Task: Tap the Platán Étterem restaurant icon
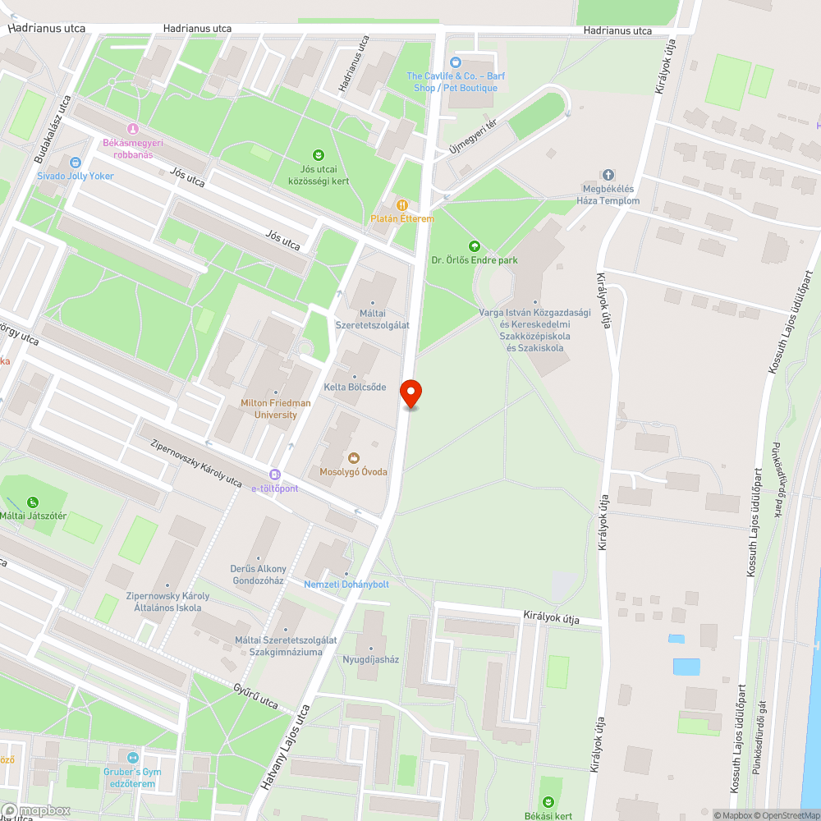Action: point(401,204)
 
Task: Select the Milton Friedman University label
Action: point(275,409)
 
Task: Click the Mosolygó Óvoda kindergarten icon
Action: point(353,458)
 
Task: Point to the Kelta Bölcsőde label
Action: point(355,387)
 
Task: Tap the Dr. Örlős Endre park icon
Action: point(474,246)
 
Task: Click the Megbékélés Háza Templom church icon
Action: point(608,175)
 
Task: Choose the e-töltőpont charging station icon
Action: point(274,475)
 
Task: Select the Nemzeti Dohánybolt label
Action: point(346,585)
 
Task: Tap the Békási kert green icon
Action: point(548,801)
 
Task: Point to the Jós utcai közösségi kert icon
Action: point(318,154)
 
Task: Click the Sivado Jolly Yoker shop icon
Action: point(76,163)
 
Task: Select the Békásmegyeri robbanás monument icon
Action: point(132,129)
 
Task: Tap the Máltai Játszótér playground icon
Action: point(33,502)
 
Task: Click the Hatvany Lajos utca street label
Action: point(288,748)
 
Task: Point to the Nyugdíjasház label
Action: point(370,659)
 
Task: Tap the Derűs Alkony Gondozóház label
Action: point(258,575)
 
